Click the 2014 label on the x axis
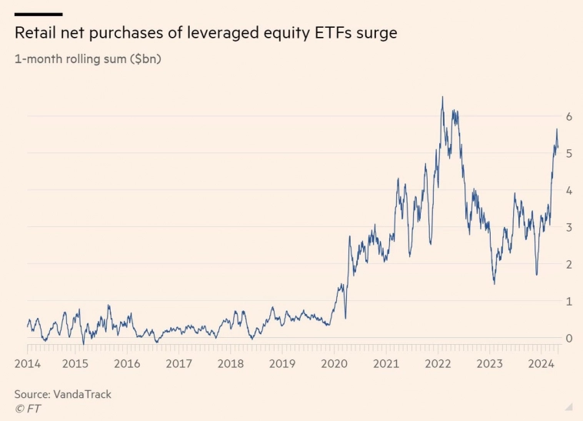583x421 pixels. click(x=28, y=363)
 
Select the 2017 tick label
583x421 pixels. click(x=178, y=363)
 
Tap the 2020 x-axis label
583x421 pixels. click(x=334, y=363)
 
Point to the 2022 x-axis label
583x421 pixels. click(x=438, y=363)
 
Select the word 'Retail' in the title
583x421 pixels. click(x=37, y=34)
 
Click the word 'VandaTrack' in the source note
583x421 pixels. click(x=82, y=394)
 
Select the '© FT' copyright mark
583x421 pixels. click(x=28, y=409)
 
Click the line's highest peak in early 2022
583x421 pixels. click(x=442, y=97)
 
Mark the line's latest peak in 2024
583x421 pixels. click(x=557, y=129)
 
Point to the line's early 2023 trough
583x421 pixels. click(x=494, y=284)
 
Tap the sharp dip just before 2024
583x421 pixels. click(x=536, y=274)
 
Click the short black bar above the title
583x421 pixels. click(x=38, y=14)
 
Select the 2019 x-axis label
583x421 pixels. click(x=282, y=363)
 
